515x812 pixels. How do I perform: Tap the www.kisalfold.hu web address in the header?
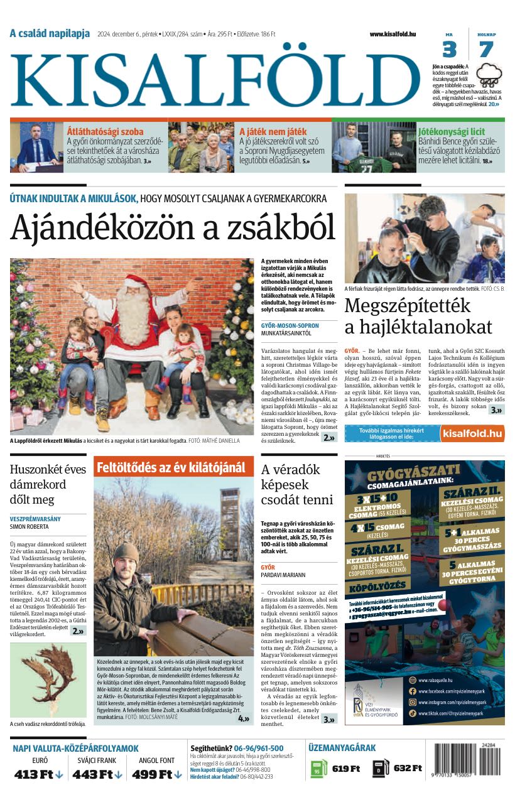[x=393, y=34]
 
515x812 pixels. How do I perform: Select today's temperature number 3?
[x=449, y=50]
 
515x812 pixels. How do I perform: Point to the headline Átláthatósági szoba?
[x=105, y=132]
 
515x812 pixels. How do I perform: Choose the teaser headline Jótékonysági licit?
[x=452, y=132]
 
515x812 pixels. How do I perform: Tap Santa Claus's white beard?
[x=133, y=315]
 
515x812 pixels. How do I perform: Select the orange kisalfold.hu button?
[x=472, y=433]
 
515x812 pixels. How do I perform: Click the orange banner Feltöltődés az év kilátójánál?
[x=171, y=467]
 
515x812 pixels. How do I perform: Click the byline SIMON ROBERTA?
[x=31, y=527]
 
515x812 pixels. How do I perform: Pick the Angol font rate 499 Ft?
[x=156, y=774]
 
